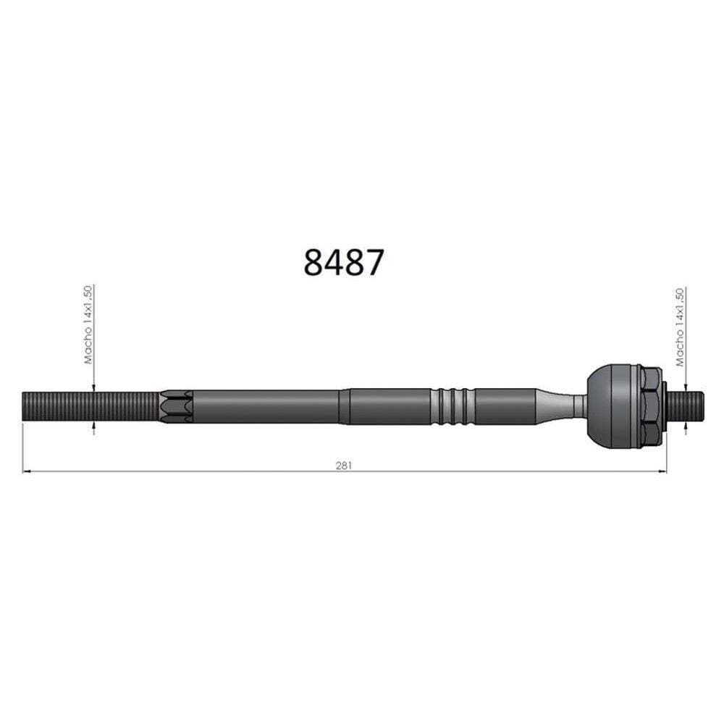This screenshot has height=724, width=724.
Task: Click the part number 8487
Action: click(x=343, y=262)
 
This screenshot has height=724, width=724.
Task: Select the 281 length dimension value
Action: click(x=343, y=465)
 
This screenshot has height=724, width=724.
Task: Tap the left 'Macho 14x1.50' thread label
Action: click(x=88, y=324)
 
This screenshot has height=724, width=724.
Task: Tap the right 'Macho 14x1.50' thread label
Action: click(x=679, y=327)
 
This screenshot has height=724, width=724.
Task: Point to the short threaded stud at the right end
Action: click(x=688, y=406)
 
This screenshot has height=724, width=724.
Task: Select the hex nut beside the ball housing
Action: click(x=649, y=406)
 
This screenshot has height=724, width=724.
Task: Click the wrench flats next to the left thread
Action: click(x=177, y=407)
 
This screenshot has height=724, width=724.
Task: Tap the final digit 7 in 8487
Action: click(x=373, y=262)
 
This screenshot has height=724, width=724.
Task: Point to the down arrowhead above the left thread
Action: click(x=93, y=387)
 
